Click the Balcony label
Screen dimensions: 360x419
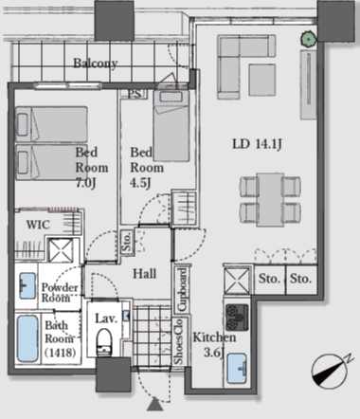tap(96, 64)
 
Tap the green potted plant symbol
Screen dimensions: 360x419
tap(308, 39)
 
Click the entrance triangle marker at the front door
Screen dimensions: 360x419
tap(154, 404)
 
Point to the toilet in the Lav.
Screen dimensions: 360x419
tap(104, 342)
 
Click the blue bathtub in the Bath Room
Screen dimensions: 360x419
tap(27, 338)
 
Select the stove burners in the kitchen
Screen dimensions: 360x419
tap(237, 318)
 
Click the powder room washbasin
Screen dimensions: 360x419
tap(27, 286)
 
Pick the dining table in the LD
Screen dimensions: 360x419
tap(270, 199)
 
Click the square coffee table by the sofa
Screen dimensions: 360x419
tap(261, 80)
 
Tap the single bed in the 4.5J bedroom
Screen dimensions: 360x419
tap(171, 126)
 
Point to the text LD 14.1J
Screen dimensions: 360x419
tap(257, 144)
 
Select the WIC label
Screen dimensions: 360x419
tap(38, 225)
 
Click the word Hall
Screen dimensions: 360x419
tap(144, 274)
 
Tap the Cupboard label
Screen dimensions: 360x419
tap(182, 289)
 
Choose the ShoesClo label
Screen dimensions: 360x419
tap(178, 341)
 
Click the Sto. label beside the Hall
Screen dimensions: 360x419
tap(127, 242)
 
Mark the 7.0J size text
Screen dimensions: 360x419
tap(85, 183)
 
